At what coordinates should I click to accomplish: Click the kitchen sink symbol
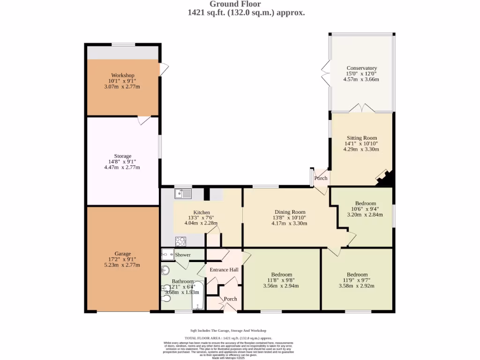point(183,193)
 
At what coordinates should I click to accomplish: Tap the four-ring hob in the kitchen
point(180,241)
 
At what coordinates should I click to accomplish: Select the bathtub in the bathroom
point(198,295)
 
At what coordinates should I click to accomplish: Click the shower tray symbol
point(167,255)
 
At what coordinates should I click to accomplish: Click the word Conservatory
point(361,67)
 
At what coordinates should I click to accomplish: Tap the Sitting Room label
point(361,138)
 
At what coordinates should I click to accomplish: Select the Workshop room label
point(123,75)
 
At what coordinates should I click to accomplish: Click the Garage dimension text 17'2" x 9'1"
point(123,259)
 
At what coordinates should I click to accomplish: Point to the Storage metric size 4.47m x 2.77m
point(123,167)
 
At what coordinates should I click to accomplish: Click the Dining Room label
point(289,212)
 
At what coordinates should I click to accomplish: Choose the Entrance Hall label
point(224,270)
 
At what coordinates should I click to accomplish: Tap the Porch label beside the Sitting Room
point(321,178)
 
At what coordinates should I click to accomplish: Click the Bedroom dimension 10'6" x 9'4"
point(365,209)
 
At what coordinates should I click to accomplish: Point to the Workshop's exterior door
point(164,69)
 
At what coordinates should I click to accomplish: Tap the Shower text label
point(183,255)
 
